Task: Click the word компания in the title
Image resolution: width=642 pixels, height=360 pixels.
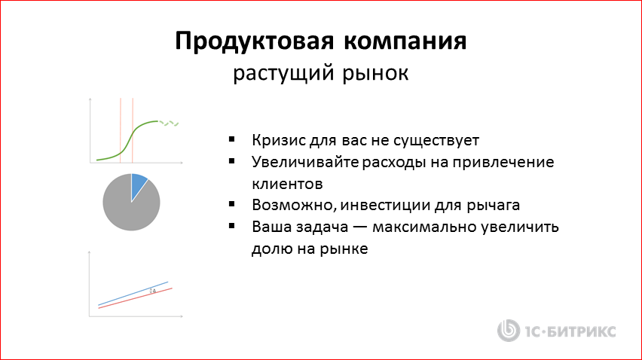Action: tap(402, 41)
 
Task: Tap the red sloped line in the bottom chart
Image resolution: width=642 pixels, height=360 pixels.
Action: tap(136, 297)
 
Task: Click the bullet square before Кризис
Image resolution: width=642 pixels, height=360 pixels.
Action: tap(232, 140)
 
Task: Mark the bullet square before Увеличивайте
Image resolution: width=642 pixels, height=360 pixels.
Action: tap(232, 161)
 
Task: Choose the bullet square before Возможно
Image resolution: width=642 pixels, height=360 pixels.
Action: tap(232, 204)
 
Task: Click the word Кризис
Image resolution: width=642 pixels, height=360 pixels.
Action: tap(277, 141)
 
